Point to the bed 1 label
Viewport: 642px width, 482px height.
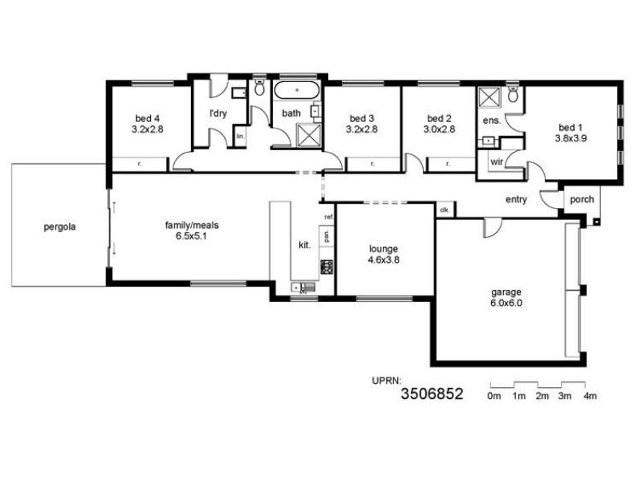click(x=571, y=133)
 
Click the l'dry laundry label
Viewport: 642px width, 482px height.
click(x=218, y=113)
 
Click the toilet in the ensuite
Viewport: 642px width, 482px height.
click(x=514, y=96)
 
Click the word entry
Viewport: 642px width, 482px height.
click(x=516, y=199)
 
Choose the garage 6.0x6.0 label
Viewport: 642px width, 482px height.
click(x=506, y=296)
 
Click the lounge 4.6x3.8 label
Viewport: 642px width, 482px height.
click(x=384, y=254)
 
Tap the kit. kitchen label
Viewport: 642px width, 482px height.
click(x=305, y=245)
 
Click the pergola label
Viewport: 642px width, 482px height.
click(x=59, y=227)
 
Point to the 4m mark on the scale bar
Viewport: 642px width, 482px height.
click(x=591, y=396)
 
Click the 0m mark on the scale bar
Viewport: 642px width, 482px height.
click(x=494, y=396)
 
